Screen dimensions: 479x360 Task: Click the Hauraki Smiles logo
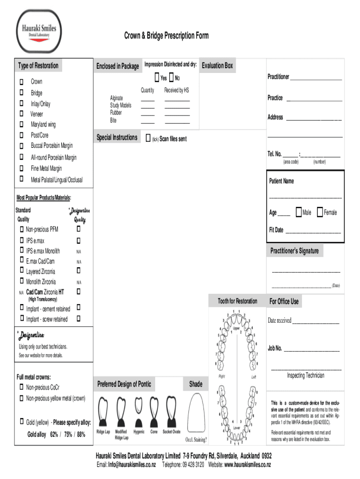(x=39, y=32)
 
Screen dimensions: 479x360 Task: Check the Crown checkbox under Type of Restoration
(x=22, y=82)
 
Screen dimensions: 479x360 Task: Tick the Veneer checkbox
(x=22, y=113)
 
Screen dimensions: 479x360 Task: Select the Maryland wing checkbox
(x=22, y=124)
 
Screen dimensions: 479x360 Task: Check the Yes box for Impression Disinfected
(x=157, y=77)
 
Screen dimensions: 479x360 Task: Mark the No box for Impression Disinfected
(x=172, y=77)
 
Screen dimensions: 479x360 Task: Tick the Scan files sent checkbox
(x=148, y=138)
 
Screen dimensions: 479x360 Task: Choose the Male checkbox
(x=298, y=212)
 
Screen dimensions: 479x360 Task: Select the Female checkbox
(x=320, y=212)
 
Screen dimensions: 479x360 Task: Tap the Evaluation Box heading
(x=217, y=66)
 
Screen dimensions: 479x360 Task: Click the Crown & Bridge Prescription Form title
(x=166, y=36)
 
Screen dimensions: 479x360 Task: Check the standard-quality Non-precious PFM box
(x=22, y=229)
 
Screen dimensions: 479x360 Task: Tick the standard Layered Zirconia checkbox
(x=22, y=270)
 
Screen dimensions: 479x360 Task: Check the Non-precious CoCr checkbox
(x=22, y=387)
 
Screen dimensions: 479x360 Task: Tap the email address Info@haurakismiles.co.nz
(x=133, y=464)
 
